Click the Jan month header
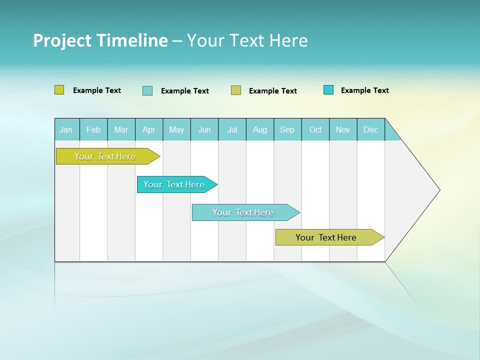tap(66, 130)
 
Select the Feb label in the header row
tap(93, 130)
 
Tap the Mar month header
tap(121, 130)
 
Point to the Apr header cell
tap(148, 130)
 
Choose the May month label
tap(176, 130)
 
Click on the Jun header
tap(204, 130)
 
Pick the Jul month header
tap(232, 130)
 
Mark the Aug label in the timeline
tap(259, 130)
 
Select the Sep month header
tap(287, 130)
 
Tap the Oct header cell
tap(315, 130)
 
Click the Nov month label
tap(343, 130)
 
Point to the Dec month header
tap(370, 130)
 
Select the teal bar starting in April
tap(174, 184)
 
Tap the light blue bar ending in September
tap(243, 212)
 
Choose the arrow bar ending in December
tap(326, 237)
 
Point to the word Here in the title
tap(288, 40)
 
